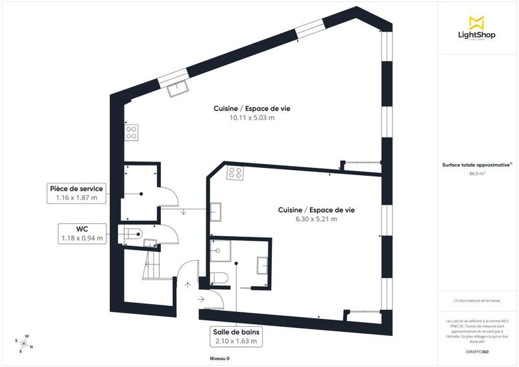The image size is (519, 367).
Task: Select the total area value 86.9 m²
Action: (477, 174)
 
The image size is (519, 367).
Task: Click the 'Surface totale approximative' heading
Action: (477, 165)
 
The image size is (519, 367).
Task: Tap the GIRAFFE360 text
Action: (477, 350)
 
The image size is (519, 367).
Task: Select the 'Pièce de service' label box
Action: (76, 193)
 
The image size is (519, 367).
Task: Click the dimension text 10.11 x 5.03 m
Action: (252, 118)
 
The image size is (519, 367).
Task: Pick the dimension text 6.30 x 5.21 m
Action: (316, 219)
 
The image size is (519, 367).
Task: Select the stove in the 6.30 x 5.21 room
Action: (234, 173)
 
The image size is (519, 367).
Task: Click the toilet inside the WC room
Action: (132, 235)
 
